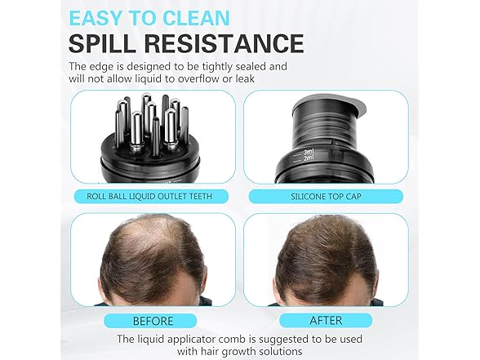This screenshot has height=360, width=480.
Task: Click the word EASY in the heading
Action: (96, 18)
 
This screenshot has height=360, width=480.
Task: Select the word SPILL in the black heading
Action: (102, 43)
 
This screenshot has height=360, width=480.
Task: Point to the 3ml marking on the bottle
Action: (309, 152)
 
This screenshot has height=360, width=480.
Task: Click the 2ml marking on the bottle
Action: (309, 158)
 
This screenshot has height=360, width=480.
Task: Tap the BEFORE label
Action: (153, 321)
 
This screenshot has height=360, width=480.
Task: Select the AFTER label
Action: (326, 321)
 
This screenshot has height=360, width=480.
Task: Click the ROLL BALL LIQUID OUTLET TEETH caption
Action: (149, 196)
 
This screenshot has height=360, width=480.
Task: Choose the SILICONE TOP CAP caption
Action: (326, 196)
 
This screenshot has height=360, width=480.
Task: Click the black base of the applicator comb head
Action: (150, 159)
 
